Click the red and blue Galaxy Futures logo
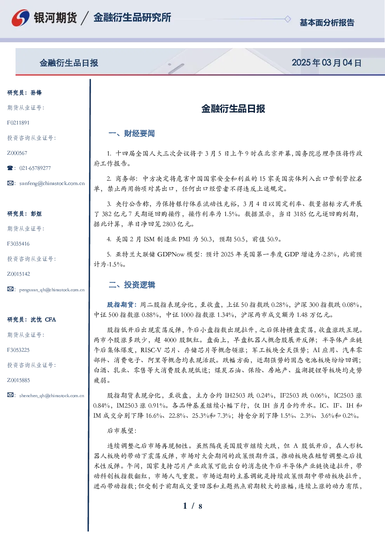[x=21, y=18]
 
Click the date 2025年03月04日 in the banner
[x=326, y=63]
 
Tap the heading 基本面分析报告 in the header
[x=327, y=22]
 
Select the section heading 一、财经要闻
[x=132, y=133]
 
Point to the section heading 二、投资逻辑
[x=132, y=285]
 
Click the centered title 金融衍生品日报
[x=233, y=109]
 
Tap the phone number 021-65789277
[x=35, y=168]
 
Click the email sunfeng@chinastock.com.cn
[x=52, y=183]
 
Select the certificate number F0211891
[x=18, y=123]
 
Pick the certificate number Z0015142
[x=19, y=274]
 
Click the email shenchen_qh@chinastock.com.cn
[x=52, y=395]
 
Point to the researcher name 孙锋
[x=36, y=93]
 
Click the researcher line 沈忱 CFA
[x=43, y=319]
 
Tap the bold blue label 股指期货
[x=120, y=304]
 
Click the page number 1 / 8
[x=192, y=506]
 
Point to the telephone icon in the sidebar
[x=10, y=168]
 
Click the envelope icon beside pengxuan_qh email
[x=10, y=289]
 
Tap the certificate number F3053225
[x=18, y=350]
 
